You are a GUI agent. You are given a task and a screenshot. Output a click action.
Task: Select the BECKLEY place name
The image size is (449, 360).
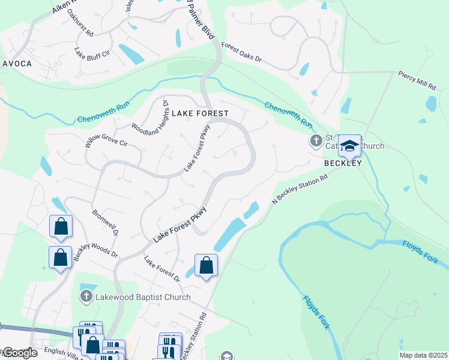point(343,163)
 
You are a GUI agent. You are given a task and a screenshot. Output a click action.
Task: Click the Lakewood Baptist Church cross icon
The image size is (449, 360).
point(86,296)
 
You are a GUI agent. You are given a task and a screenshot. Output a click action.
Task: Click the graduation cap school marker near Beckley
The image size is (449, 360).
point(349,146)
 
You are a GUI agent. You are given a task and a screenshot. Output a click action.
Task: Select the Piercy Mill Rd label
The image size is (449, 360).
point(417,80)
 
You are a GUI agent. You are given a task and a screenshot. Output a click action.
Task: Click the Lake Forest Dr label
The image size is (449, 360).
point(162,269)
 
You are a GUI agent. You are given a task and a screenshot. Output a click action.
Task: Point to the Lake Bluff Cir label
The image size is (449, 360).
point(92,53)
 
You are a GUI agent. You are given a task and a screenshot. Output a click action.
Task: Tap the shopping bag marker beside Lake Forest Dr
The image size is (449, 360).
point(206,265)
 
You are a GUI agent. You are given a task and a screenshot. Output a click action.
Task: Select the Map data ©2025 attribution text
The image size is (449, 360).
point(423,355)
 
